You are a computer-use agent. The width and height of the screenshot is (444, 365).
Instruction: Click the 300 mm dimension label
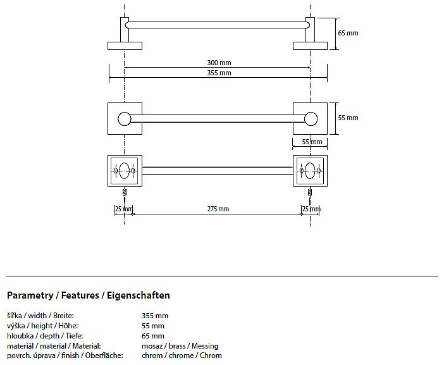click(218, 63)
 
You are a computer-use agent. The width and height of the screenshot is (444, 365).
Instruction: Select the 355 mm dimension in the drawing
click(218, 73)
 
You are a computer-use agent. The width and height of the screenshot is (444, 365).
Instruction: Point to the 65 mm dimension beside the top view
click(347, 33)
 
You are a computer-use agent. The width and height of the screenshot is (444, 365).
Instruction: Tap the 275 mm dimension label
click(218, 209)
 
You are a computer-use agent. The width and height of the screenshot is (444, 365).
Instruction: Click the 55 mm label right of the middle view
click(347, 118)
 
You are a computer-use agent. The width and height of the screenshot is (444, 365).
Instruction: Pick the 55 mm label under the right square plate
click(312, 142)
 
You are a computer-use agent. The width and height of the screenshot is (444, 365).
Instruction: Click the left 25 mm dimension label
click(123, 209)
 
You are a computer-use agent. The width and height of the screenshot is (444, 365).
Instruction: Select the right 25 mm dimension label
click(311, 209)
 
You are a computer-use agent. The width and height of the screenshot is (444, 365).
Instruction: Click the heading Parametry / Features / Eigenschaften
click(89, 295)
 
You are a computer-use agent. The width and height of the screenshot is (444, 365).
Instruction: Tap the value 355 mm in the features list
click(156, 316)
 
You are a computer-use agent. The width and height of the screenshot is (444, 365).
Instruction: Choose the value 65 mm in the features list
click(153, 336)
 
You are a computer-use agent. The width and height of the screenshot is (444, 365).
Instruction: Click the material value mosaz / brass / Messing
click(180, 346)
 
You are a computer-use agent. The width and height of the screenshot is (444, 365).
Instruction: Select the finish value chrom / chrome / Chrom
click(182, 356)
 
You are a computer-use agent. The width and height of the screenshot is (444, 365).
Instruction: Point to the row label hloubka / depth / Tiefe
click(45, 336)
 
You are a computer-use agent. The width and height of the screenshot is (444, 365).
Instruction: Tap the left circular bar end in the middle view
click(125, 118)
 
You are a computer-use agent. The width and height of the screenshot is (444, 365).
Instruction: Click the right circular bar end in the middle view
click(310, 118)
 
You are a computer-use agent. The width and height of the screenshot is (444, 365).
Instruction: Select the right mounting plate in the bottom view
click(310, 170)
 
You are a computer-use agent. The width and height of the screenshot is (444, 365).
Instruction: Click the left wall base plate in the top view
click(125, 45)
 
